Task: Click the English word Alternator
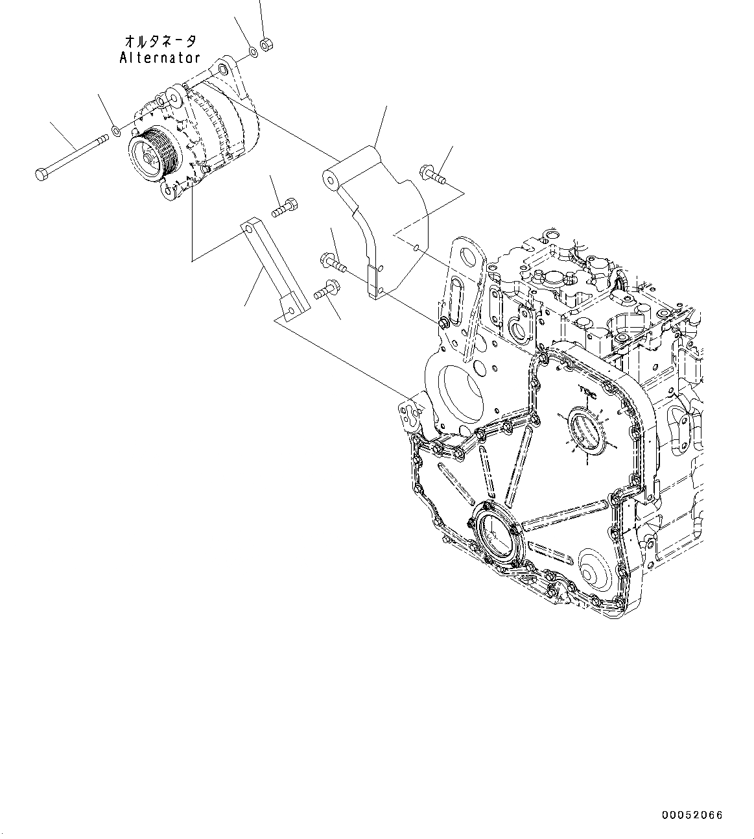(159, 58)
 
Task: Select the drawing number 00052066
(692, 816)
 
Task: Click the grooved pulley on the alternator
(153, 152)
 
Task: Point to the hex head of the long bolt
(40, 174)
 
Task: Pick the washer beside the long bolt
(115, 132)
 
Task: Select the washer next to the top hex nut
(253, 51)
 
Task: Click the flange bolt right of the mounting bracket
(432, 174)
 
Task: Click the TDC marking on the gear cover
(587, 391)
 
